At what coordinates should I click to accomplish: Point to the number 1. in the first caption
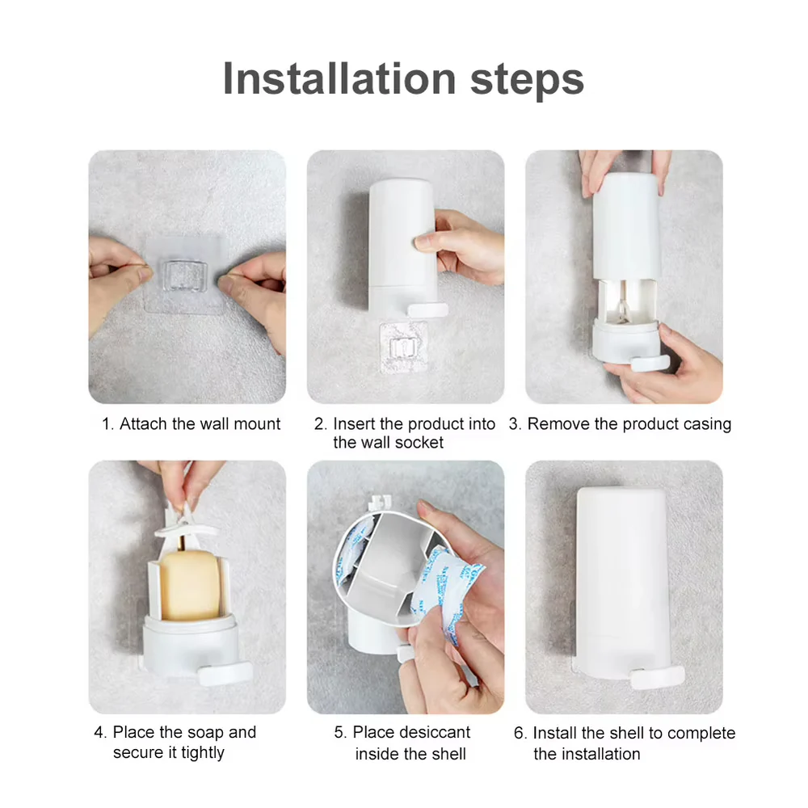coord(108,424)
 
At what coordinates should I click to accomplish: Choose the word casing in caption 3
coord(703,424)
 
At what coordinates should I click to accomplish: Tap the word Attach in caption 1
coord(143,424)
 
